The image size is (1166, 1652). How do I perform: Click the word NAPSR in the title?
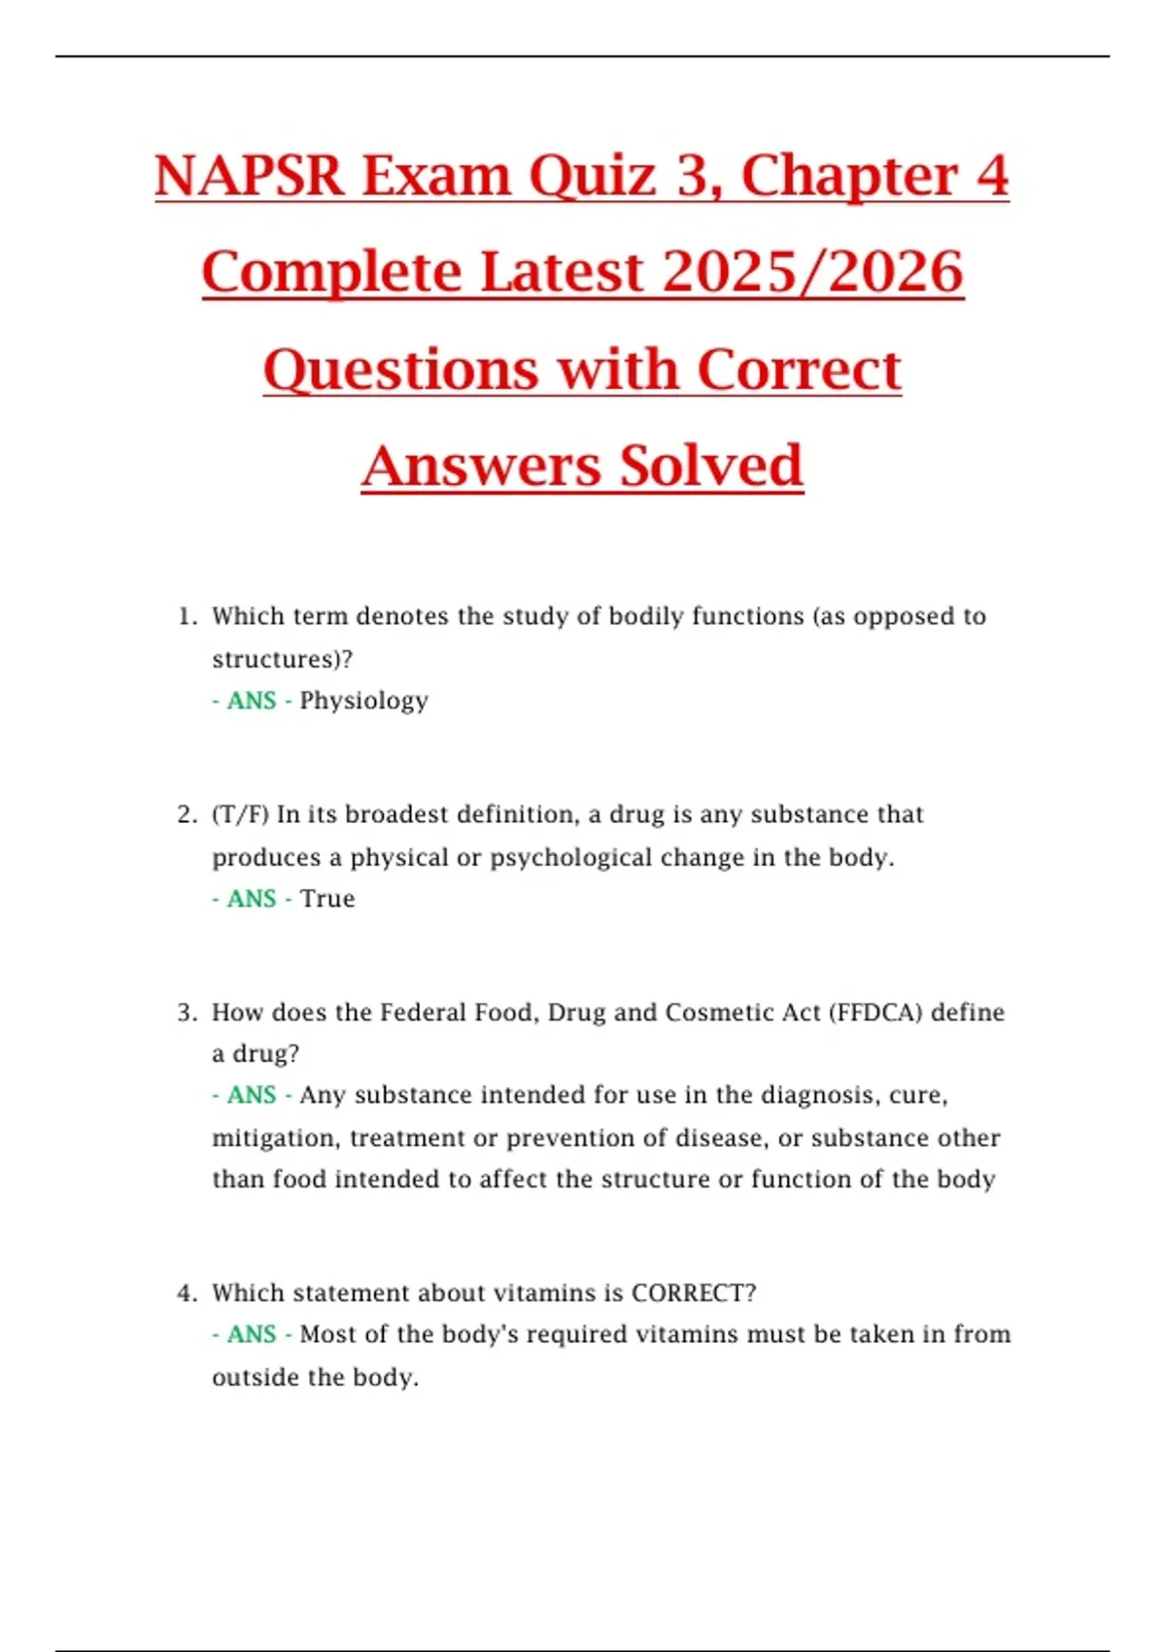[250, 177]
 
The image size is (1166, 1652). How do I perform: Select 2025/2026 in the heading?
[812, 272]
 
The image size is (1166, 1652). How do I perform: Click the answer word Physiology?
[363, 701]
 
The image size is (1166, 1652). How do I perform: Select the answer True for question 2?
[327, 899]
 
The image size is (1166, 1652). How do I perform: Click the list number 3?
[186, 1013]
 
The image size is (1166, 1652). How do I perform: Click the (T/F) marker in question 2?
[240, 814]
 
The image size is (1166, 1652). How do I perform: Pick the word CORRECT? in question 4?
[694, 1293]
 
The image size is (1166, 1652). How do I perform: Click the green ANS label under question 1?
[252, 701]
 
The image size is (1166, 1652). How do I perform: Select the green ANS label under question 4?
[252, 1334]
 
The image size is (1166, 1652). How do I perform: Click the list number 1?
[186, 616]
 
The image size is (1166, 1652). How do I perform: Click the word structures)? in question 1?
[282, 659]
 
